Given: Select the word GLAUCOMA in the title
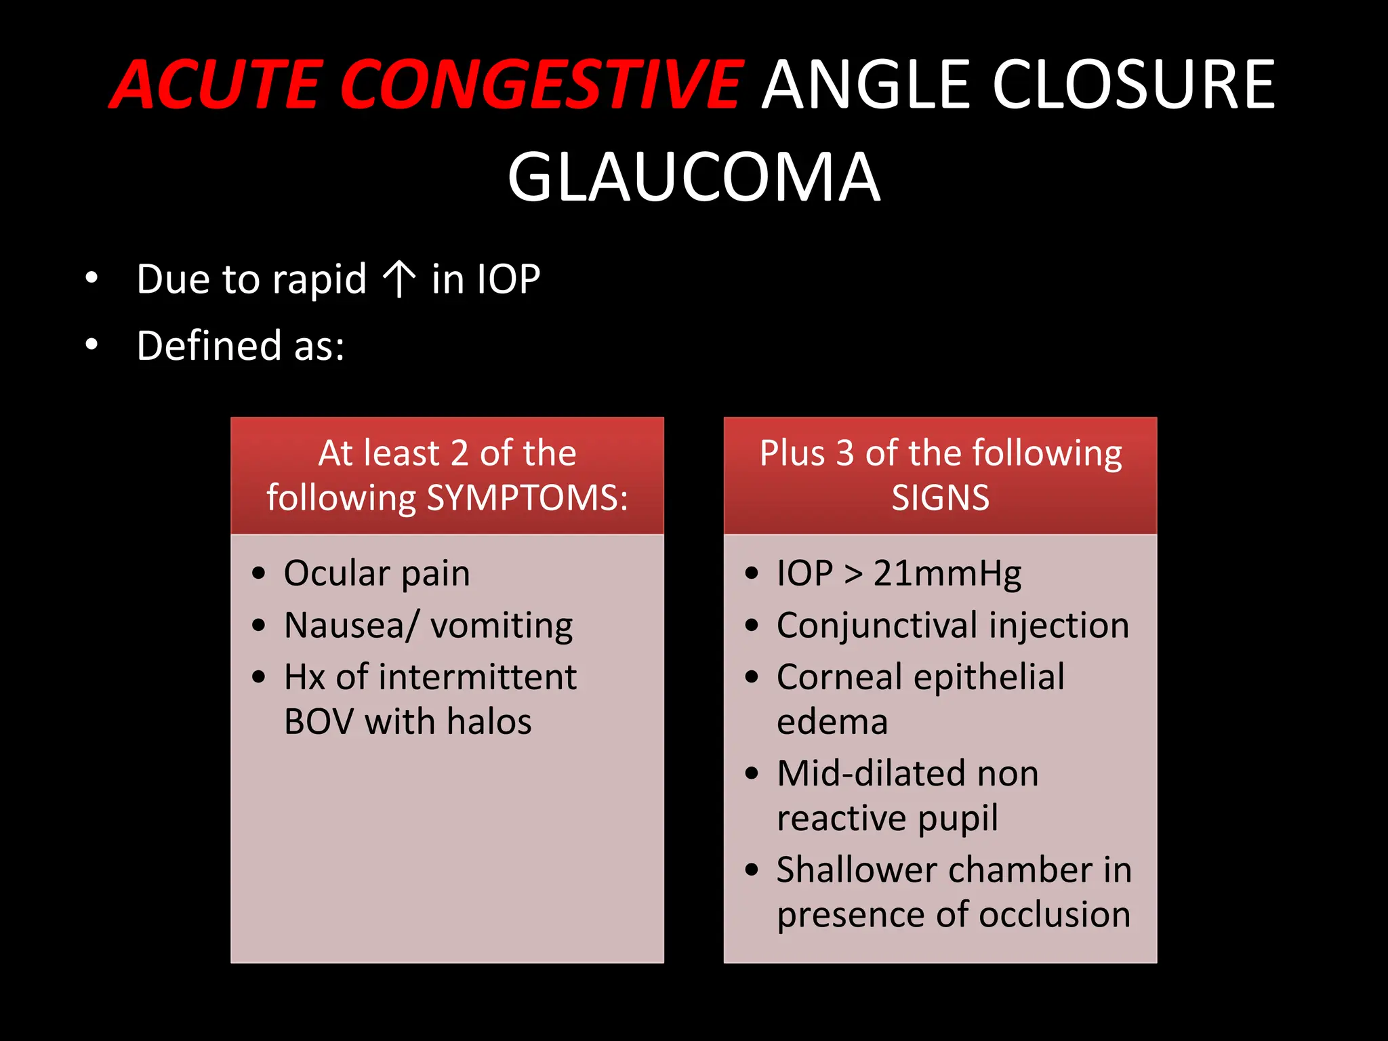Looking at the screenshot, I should pyautogui.click(x=693, y=178).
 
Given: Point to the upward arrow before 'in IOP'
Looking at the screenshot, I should pyautogui.click(x=399, y=279).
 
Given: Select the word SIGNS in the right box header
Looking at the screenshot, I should pyautogui.click(x=940, y=498).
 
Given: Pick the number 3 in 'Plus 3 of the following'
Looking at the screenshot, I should pyautogui.click(x=844, y=453).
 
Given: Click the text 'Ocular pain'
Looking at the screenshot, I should pyautogui.click(x=377, y=573).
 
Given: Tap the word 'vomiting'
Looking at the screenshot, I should pyautogui.click(x=502, y=626).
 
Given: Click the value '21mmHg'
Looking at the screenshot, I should pyautogui.click(x=947, y=573).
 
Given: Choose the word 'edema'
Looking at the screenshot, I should pyautogui.click(x=832, y=721).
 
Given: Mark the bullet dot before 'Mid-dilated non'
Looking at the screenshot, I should pyautogui.click(x=751, y=773).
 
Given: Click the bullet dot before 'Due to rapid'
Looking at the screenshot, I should pyautogui.click(x=91, y=278).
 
